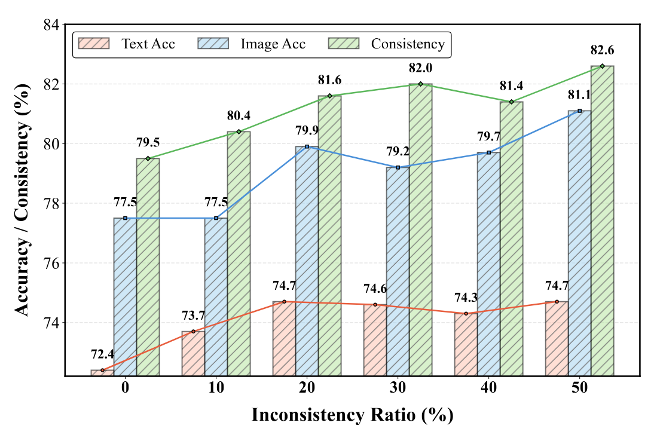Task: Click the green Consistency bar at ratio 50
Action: click(602, 221)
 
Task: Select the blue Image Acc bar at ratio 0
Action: click(125, 297)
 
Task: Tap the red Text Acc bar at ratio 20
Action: click(284, 338)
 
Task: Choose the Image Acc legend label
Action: click(273, 44)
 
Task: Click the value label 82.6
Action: click(603, 50)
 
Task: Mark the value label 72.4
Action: click(102, 354)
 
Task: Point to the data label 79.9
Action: click(307, 131)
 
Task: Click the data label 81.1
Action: click(579, 95)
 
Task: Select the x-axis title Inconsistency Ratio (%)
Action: click(352, 415)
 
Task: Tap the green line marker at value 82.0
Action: click(421, 84)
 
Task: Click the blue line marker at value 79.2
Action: click(398, 167)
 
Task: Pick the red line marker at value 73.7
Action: click(193, 331)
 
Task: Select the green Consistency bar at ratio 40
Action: click(511, 239)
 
